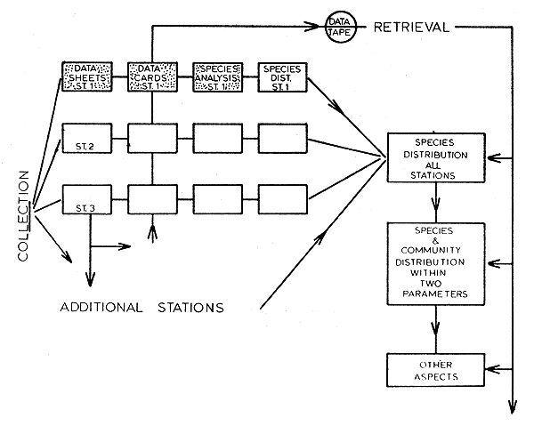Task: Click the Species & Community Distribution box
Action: [x=434, y=263]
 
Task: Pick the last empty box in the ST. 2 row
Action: [x=280, y=141]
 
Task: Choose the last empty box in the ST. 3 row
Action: [x=280, y=203]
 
